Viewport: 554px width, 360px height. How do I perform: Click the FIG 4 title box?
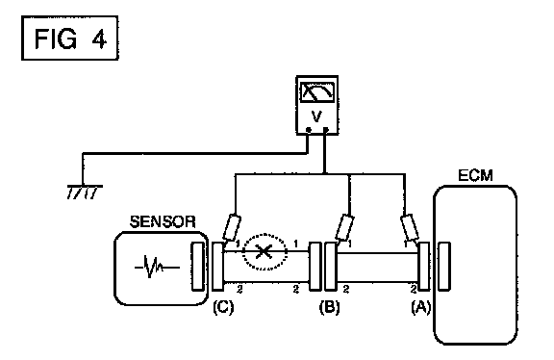69,38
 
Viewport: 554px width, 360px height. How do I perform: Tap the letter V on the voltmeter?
317,116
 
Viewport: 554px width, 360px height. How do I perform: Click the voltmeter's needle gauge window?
317,92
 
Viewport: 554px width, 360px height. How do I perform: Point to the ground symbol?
85,192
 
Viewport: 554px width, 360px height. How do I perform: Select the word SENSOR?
163,222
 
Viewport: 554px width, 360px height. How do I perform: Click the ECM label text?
475,176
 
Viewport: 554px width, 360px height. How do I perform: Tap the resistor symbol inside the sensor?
157,268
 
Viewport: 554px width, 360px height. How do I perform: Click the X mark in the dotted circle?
264,252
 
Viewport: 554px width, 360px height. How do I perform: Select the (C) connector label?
223,307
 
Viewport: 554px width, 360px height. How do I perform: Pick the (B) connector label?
329,307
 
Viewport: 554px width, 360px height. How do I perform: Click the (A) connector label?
421,307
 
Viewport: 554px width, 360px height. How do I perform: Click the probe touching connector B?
345,228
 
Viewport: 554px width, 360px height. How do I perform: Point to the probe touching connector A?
410,227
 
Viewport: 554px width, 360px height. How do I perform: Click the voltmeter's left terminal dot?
309,130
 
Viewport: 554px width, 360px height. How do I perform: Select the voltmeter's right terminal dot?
326,130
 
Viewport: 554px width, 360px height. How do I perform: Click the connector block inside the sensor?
197,267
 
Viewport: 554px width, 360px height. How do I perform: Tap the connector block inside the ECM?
444,267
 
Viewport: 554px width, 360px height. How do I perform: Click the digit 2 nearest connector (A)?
414,290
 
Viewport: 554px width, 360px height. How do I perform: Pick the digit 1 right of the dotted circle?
295,244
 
